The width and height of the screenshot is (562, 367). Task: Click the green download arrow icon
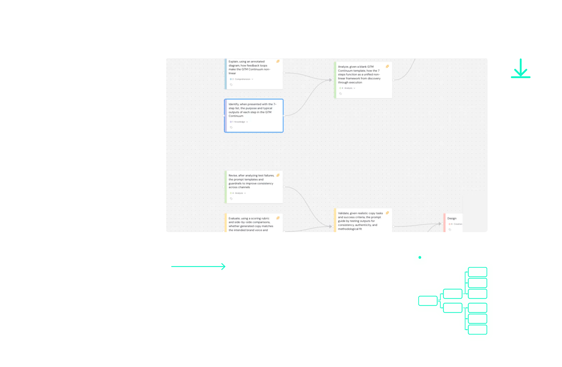(520, 69)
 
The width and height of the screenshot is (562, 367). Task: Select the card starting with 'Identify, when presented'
(253, 115)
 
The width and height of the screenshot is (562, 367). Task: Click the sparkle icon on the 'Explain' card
(278, 61)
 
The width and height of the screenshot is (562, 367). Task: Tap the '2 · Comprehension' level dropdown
(242, 79)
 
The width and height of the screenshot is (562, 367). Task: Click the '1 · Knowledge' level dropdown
(239, 122)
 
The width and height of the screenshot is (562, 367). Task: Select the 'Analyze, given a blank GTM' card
(363, 80)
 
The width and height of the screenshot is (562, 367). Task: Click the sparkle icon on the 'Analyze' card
(387, 67)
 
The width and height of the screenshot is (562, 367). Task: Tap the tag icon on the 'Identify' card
(231, 128)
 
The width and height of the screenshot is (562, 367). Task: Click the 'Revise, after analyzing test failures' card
(253, 187)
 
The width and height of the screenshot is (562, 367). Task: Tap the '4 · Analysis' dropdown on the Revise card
(238, 193)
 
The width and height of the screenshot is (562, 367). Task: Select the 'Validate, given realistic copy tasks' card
(363, 221)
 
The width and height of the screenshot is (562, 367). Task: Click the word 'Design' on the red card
(452, 218)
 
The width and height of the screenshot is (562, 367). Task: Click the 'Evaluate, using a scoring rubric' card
(253, 224)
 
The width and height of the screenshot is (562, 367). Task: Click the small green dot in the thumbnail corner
(420, 257)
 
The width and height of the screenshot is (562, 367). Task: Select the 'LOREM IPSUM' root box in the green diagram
(428, 301)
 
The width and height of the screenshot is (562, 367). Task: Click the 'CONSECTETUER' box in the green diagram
(452, 294)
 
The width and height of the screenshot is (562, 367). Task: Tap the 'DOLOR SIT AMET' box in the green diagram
(452, 308)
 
